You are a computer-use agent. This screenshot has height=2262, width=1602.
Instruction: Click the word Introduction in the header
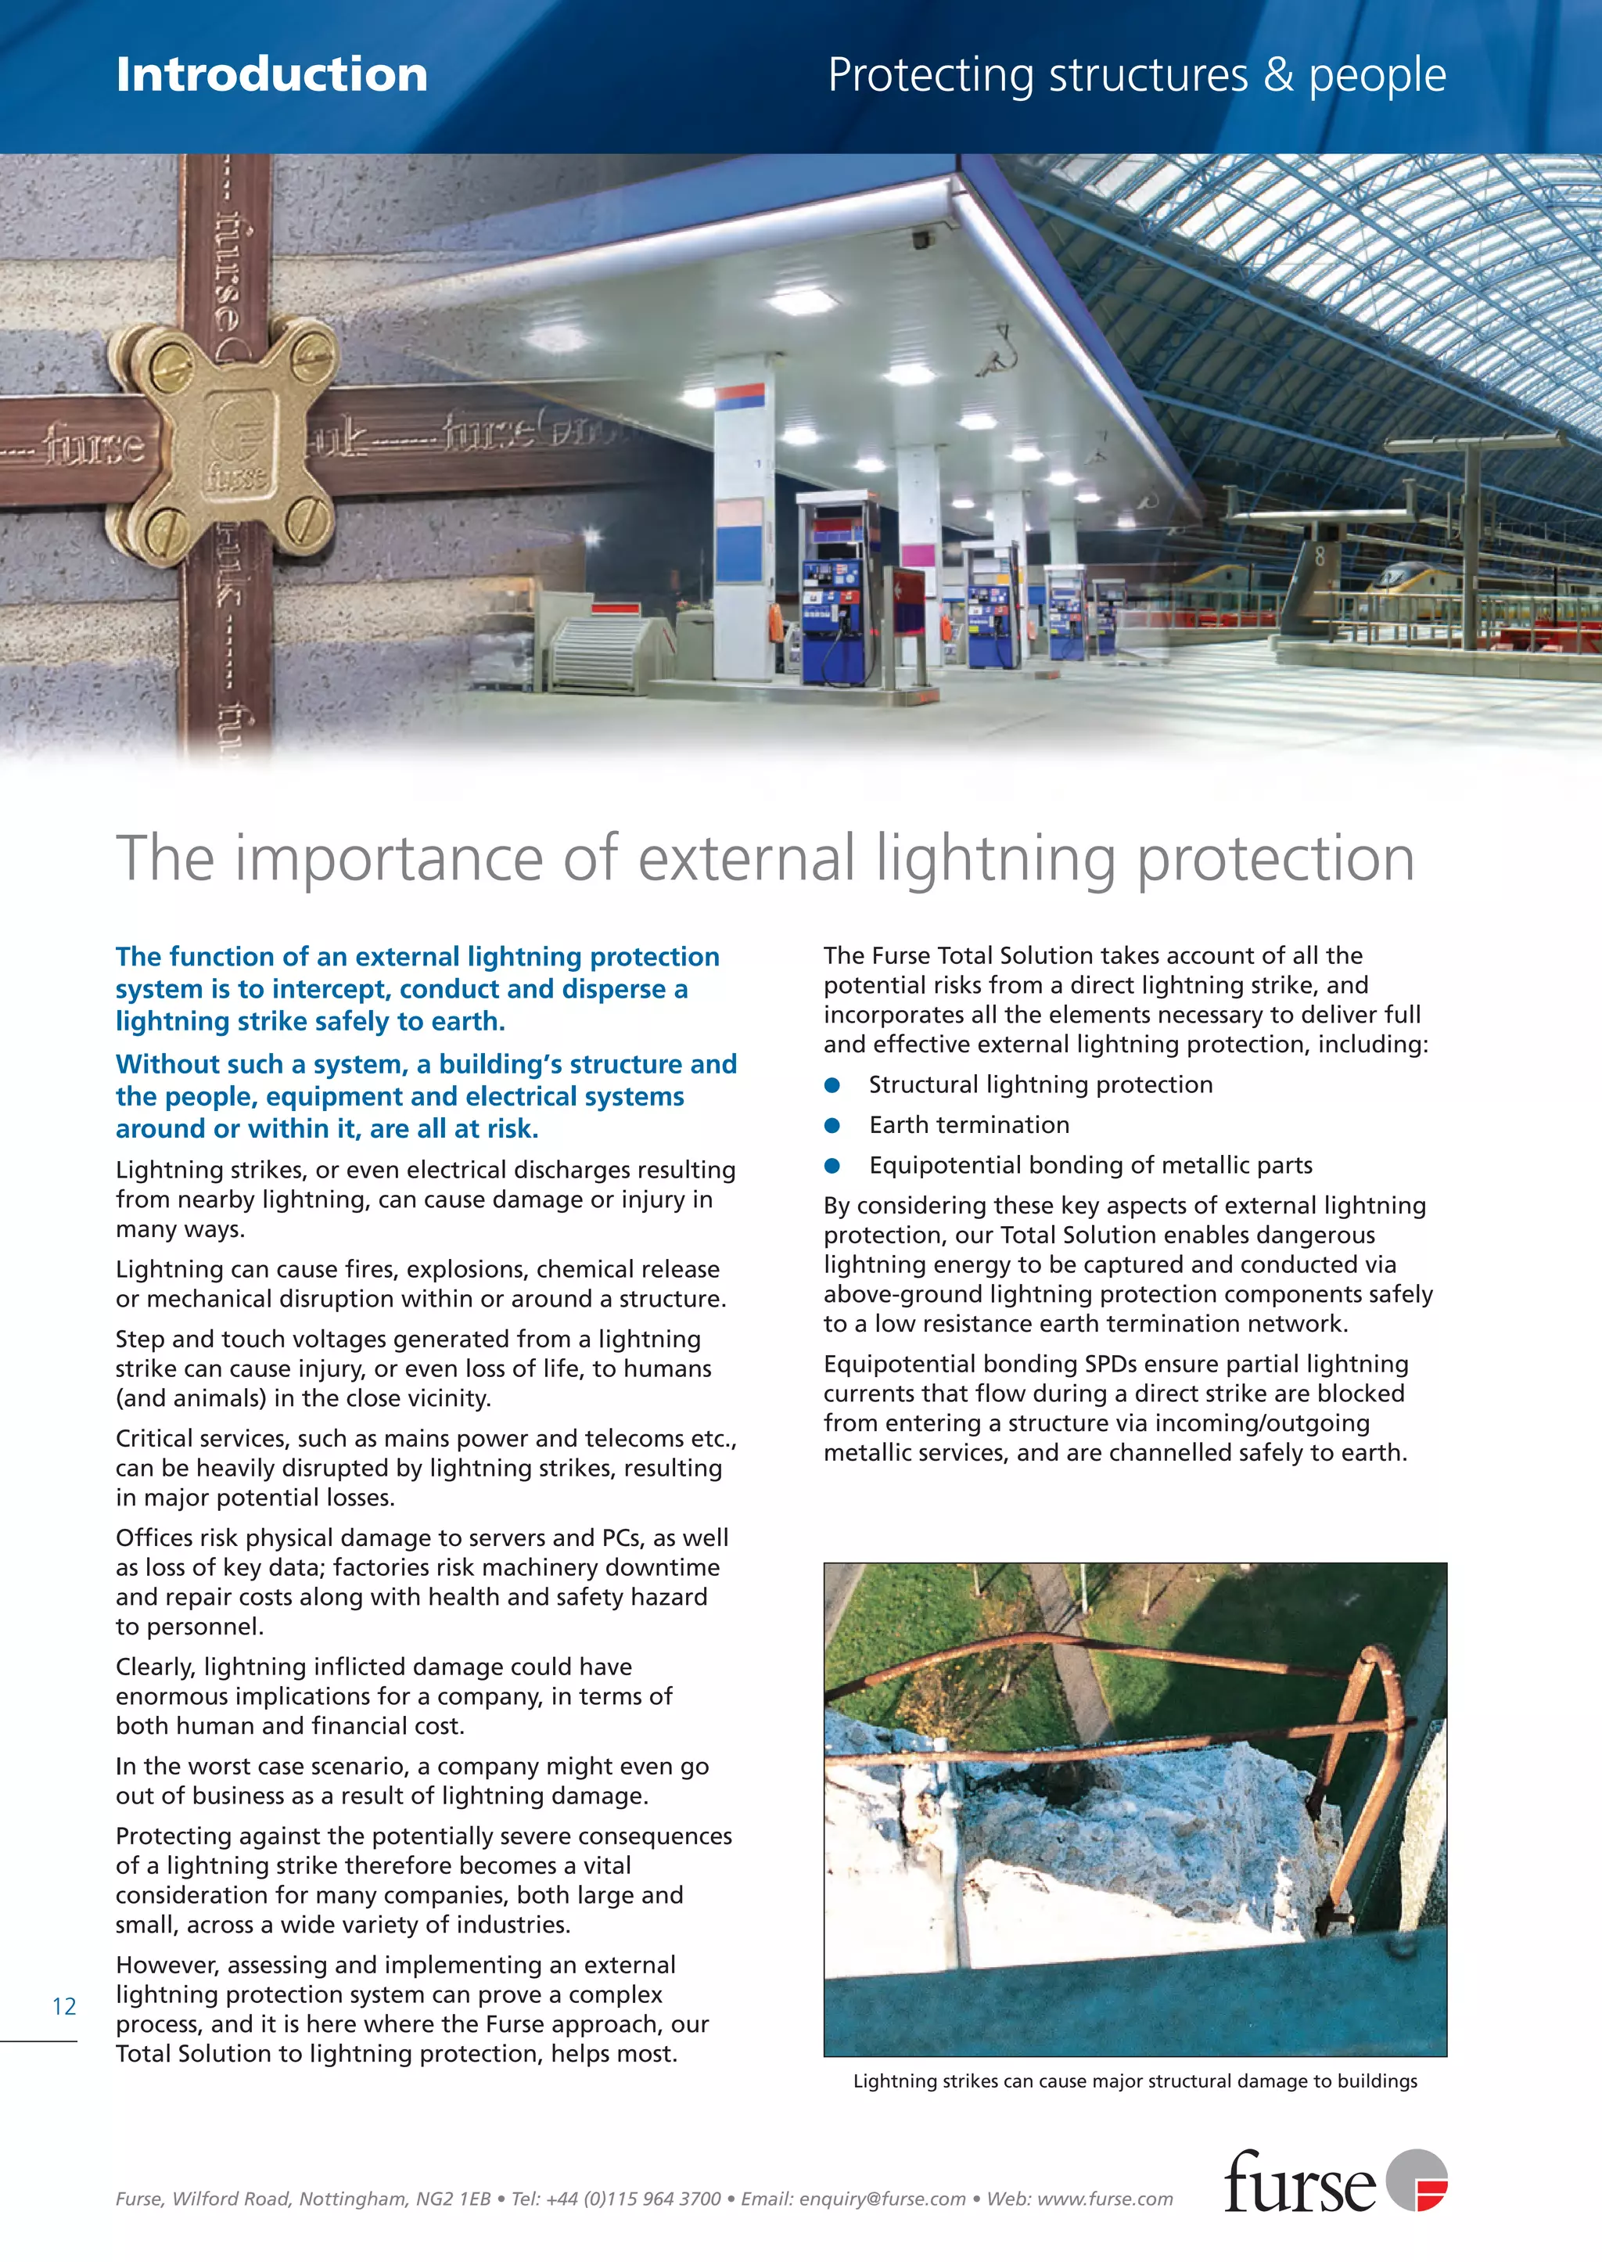tap(271, 75)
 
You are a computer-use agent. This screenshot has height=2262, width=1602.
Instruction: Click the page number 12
tap(64, 2006)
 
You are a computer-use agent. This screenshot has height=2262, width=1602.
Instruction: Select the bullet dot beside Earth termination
tap(832, 1126)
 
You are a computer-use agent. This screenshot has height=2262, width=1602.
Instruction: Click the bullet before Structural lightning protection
tap(832, 1085)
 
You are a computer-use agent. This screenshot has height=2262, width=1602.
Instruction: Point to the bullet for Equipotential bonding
tap(832, 1166)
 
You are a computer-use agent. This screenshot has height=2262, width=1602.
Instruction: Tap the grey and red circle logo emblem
tap(1417, 2180)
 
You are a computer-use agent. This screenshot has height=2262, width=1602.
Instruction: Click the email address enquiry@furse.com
tap(882, 2199)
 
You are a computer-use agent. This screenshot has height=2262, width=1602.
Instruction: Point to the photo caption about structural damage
tap(1134, 2081)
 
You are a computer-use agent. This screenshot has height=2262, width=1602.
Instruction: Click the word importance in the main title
tap(389, 858)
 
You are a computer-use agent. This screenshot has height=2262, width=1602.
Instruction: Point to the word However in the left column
tap(167, 1965)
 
